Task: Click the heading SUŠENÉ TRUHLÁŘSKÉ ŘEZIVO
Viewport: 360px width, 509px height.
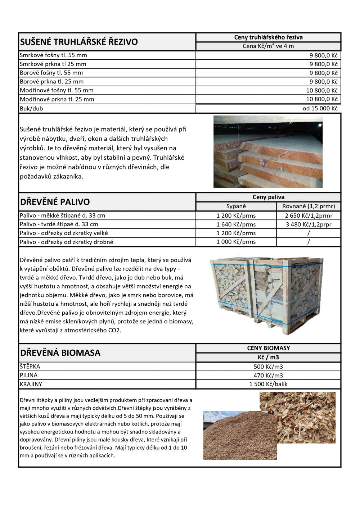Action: [79, 42]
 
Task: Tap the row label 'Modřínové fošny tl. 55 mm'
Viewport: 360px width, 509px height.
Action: [57, 90]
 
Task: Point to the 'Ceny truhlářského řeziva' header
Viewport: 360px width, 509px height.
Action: [268, 37]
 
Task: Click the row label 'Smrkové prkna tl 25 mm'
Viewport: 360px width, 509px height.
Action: [53, 64]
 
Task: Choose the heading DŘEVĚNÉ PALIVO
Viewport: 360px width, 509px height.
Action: [55, 202]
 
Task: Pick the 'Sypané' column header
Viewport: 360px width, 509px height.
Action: [236, 206]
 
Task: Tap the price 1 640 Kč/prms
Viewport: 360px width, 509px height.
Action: [236, 224]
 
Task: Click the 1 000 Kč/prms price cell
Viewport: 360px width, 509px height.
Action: [236, 242]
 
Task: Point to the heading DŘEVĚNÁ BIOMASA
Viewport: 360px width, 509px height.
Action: [60, 353]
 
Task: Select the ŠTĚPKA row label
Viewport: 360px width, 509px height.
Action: [30, 367]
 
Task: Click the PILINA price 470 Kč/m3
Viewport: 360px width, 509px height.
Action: [268, 375]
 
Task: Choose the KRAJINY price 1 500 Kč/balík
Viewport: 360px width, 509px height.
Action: [268, 384]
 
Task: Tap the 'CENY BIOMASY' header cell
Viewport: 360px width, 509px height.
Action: [268, 348]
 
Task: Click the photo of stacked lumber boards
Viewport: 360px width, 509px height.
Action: [268, 151]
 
